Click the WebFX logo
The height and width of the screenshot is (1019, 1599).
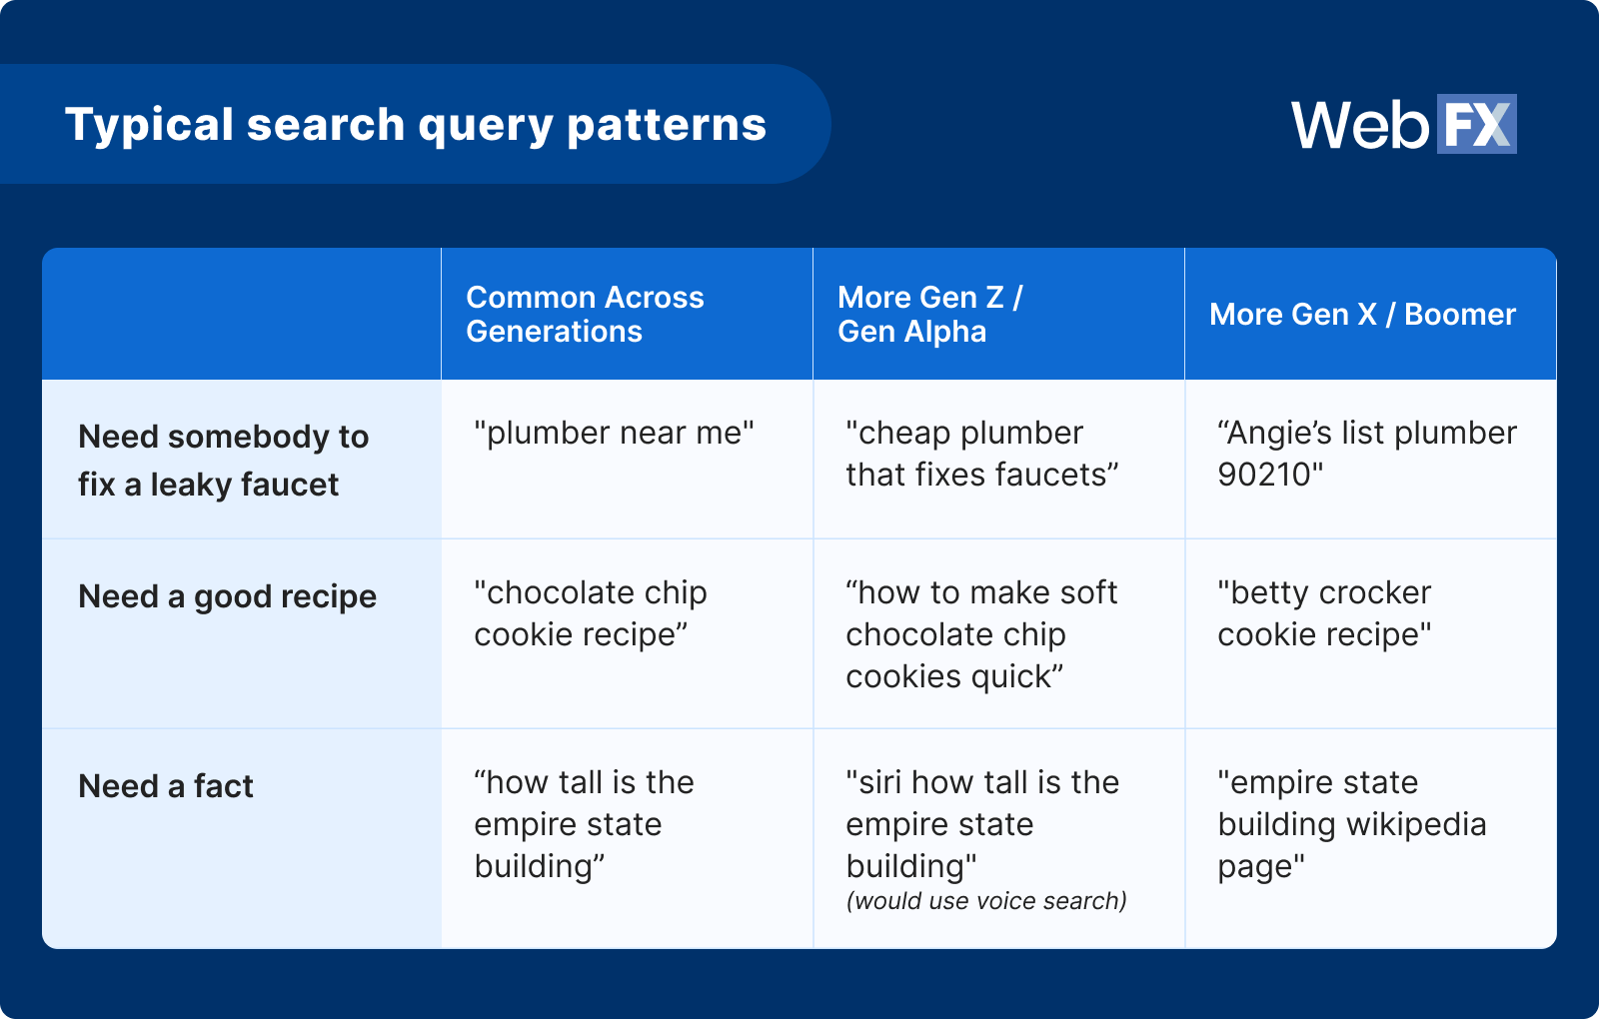(x=1403, y=124)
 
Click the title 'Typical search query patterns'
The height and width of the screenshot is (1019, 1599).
(x=416, y=125)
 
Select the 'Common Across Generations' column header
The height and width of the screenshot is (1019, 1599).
(x=585, y=314)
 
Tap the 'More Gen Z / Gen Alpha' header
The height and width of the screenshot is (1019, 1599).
(x=930, y=314)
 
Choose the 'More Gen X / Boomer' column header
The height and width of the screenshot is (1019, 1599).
(x=1362, y=314)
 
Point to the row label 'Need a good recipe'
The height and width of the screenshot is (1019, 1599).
(x=227, y=596)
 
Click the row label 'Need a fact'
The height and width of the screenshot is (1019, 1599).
(x=166, y=786)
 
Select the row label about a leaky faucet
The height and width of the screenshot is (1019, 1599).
(x=224, y=461)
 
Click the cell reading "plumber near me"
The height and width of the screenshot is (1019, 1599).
(x=614, y=433)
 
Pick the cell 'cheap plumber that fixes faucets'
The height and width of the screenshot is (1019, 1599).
(x=981, y=454)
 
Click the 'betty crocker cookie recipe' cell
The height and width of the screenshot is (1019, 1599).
(x=1324, y=613)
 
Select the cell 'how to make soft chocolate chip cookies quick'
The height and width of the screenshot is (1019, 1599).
(x=981, y=634)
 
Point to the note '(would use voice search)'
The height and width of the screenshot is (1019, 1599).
(x=986, y=900)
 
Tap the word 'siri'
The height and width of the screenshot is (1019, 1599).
(x=878, y=782)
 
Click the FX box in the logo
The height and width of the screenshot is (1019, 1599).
(x=1477, y=124)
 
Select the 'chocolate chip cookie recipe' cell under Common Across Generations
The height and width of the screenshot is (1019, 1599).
(x=591, y=613)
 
